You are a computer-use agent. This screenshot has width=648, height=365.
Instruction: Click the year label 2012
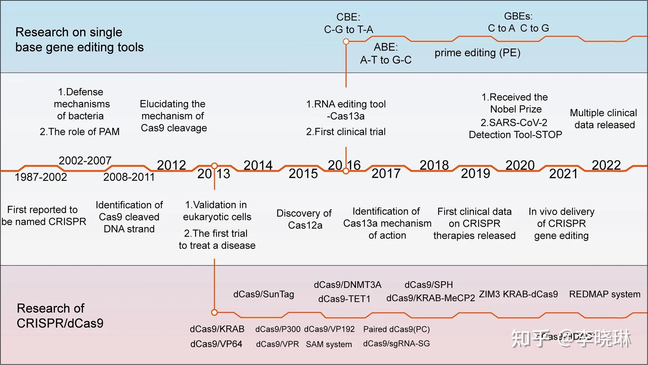click(x=171, y=165)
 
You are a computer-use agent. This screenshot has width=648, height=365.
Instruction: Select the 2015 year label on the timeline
click(x=303, y=174)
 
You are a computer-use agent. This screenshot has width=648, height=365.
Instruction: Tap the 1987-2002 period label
click(x=41, y=177)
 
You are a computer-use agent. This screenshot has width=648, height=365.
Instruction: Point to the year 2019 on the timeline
click(x=475, y=174)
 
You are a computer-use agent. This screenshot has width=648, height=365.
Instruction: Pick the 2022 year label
click(x=606, y=165)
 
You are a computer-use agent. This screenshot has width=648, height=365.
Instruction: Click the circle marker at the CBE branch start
click(x=346, y=42)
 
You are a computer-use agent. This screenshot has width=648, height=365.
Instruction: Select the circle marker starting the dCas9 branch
click(x=214, y=312)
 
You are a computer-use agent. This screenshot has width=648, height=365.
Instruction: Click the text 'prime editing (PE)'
click(x=477, y=53)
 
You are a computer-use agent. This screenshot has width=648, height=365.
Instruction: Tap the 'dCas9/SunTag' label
click(x=264, y=294)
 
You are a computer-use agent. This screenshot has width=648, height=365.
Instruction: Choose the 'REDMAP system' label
click(x=605, y=294)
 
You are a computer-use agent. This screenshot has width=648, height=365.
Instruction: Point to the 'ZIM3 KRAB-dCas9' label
click(x=518, y=294)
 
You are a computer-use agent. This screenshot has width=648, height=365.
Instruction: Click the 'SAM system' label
click(x=329, y=344)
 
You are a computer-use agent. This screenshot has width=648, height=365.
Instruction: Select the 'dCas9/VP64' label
click(x=216, y=344)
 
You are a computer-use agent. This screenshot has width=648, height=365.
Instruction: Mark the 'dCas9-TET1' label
click(x=344, y=299)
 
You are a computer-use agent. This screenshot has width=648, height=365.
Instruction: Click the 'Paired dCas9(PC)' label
click(x=396, y=329)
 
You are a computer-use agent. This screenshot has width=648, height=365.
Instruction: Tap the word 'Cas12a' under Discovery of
click(x=305, y=225)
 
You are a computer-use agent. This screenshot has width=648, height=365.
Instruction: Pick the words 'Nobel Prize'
click(x=516, y=109)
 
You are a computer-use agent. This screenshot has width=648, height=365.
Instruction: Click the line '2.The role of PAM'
click(x=79, y=132)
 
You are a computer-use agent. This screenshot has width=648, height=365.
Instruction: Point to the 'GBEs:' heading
click(x=518, y=16)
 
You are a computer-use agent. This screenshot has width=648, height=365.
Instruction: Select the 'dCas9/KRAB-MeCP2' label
click(x=431, y=298)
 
